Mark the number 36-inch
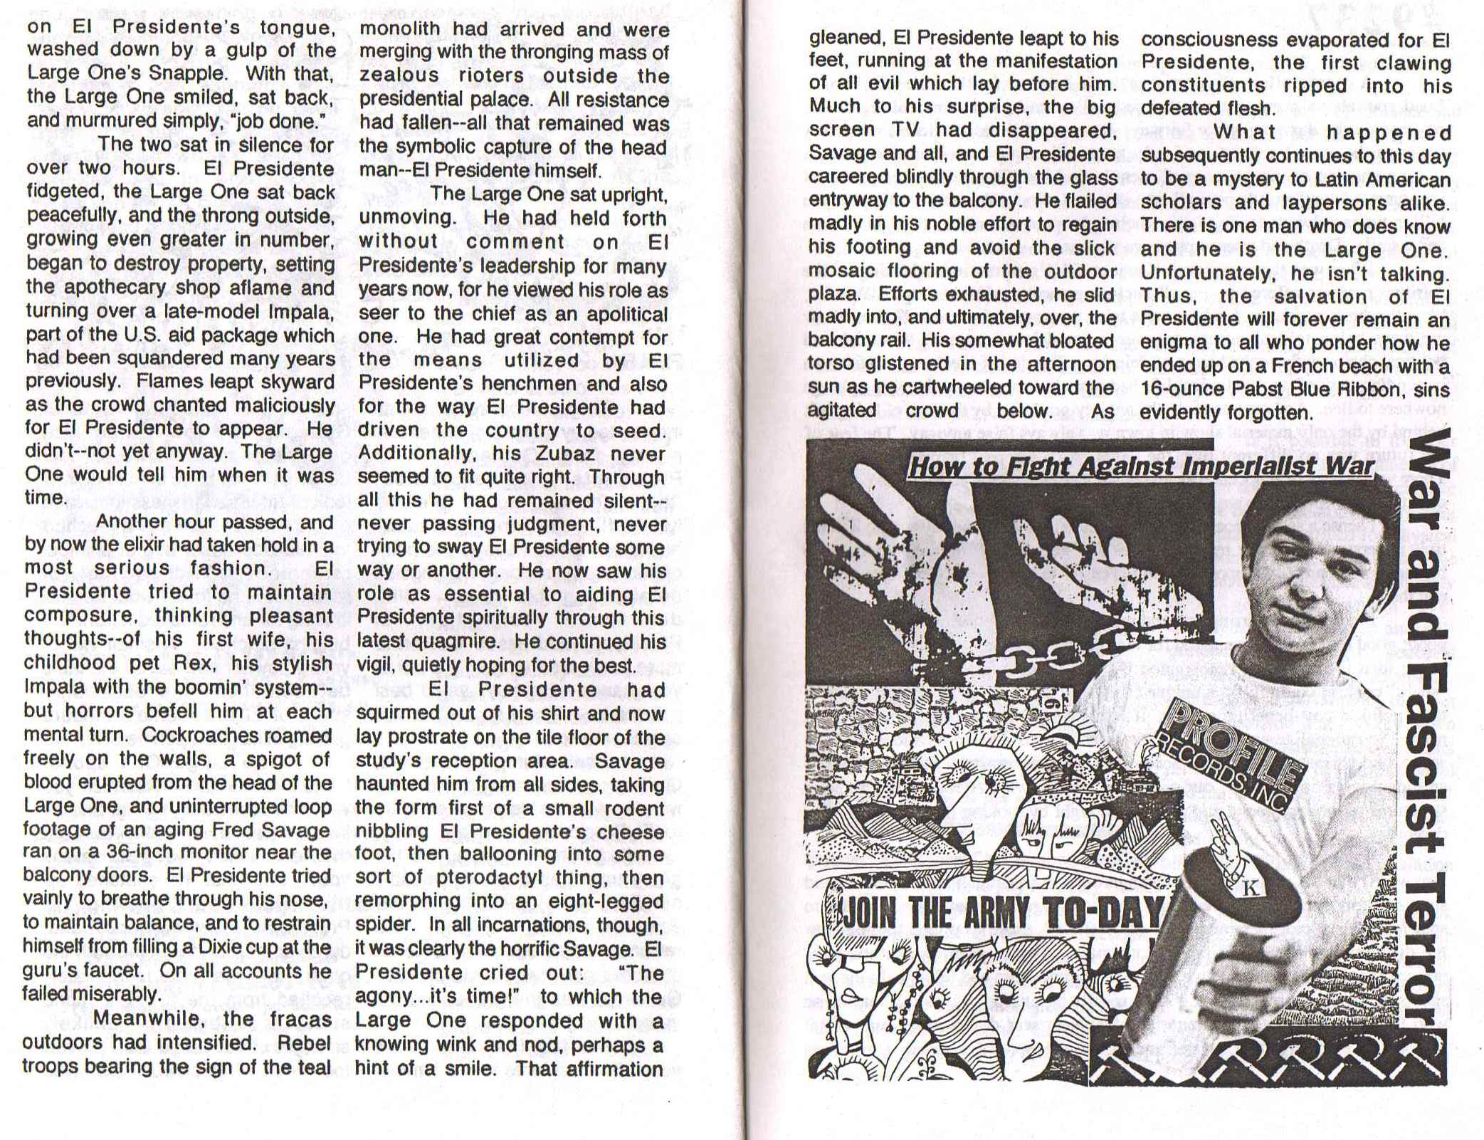click(136, 852)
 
